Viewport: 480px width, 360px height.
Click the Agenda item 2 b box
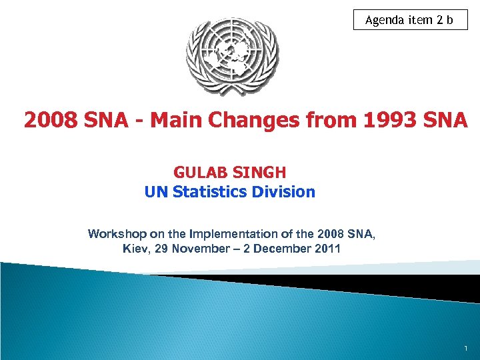click(410, 20)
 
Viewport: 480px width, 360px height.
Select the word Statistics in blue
click(210, 192)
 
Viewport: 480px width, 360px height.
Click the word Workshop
click(113, 234)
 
